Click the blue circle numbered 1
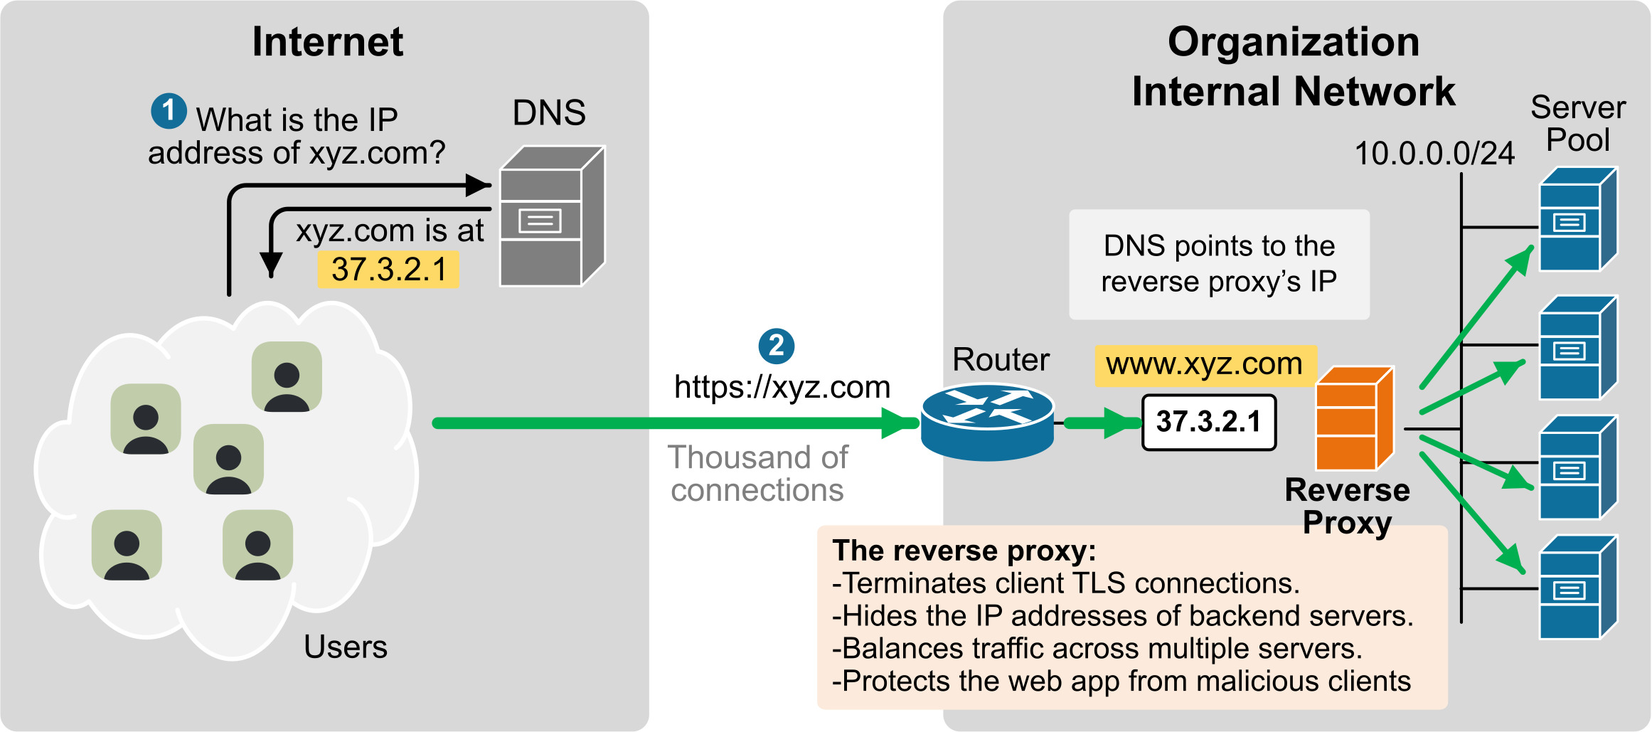click(x=169, y=111)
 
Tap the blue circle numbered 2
click(x=776, y=346)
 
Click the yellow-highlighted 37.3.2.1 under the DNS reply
click(x=388, y=270)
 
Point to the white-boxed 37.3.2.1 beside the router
click(x=1208, y=422)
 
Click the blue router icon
click(x=987, y=422)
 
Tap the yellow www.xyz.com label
click(x=1204, y=365)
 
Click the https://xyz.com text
click(x=782, y=387)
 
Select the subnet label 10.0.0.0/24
click(x=1434, y=154)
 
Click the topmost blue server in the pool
click(x=1577, y=219)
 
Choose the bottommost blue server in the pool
click(x=1577, y=587)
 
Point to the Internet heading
click(x=328, y=42)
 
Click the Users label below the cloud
click(x=346, y=647)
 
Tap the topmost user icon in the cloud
click(x=287, y=377)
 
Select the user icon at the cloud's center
click(x=228, y=459)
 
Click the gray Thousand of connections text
click(x=757, y=474)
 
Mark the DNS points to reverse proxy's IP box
click(x=1219, y=264)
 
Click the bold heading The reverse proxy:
click(x=964, y=551)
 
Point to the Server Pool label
click(x=1577, y=124)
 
